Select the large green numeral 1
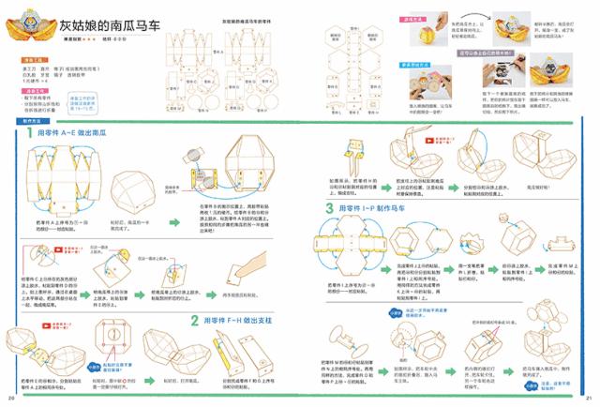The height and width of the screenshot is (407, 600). click(31, 134)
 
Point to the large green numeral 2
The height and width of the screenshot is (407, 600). click(194, 320)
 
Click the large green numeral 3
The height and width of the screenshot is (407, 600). click(330, 207)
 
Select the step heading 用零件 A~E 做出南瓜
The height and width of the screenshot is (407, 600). click(80, 135)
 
